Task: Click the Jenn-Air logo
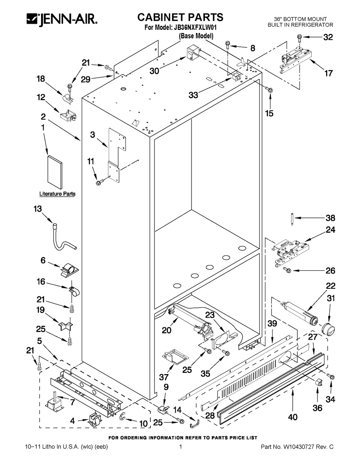point(62,19)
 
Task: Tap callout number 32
point(328,37)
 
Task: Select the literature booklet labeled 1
point(55,171)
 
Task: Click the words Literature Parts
point(58,194)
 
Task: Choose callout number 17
point(328,73)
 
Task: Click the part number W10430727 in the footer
point(299,447)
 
